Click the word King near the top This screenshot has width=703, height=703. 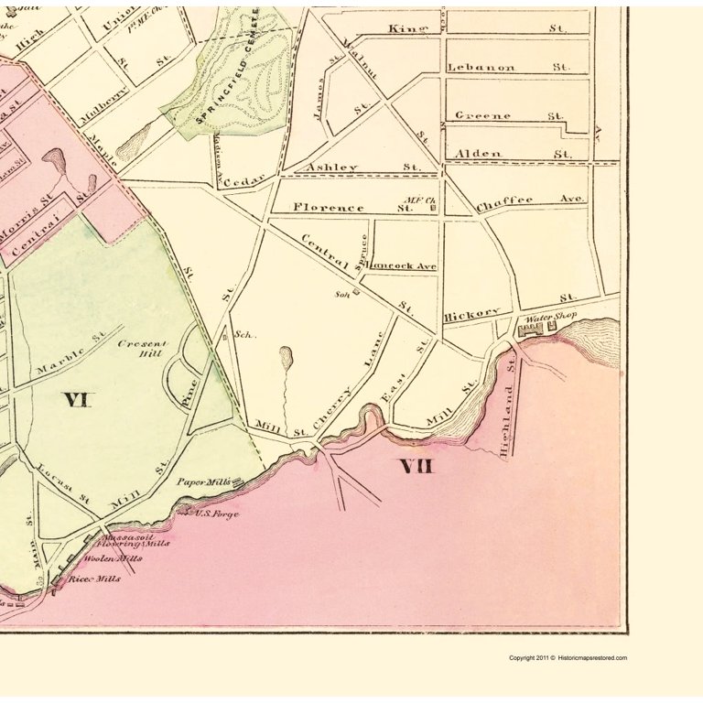click(x=408, y=29)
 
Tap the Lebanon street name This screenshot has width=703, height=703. click(x=481, y=68)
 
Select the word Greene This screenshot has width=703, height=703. click(x=482, y=116)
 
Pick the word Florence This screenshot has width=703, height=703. click(x=329, y=208)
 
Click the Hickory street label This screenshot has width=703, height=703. click(x=472, y=314)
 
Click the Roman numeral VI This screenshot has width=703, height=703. click(x=77, y=399)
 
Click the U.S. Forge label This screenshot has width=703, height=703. click(x=217, y=514)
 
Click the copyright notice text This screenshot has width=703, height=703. click(x=568, y=658)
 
